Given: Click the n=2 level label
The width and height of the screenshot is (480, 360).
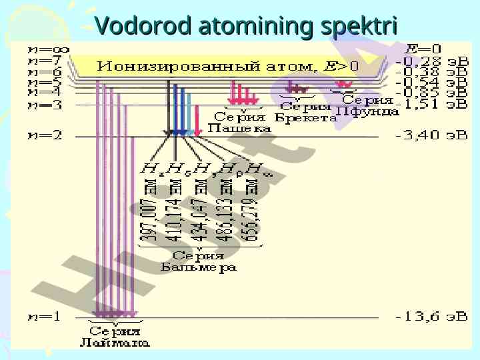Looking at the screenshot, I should coord(44,135).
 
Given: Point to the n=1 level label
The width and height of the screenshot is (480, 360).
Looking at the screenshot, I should coord(44,317).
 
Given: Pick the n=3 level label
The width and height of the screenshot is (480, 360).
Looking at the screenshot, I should coord(44,105).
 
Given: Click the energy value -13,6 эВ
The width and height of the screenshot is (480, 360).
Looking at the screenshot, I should coord(432,317).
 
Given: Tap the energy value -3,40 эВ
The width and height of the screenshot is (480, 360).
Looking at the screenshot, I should coord(432,135).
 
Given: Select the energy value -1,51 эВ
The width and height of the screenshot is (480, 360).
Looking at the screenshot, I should coord(432,104).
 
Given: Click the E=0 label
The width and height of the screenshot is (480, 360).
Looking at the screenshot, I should coord(423,49).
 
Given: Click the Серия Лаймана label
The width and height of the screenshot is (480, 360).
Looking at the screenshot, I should coord(115,337).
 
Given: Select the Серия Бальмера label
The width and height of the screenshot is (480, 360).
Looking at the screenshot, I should coord(199,261).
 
